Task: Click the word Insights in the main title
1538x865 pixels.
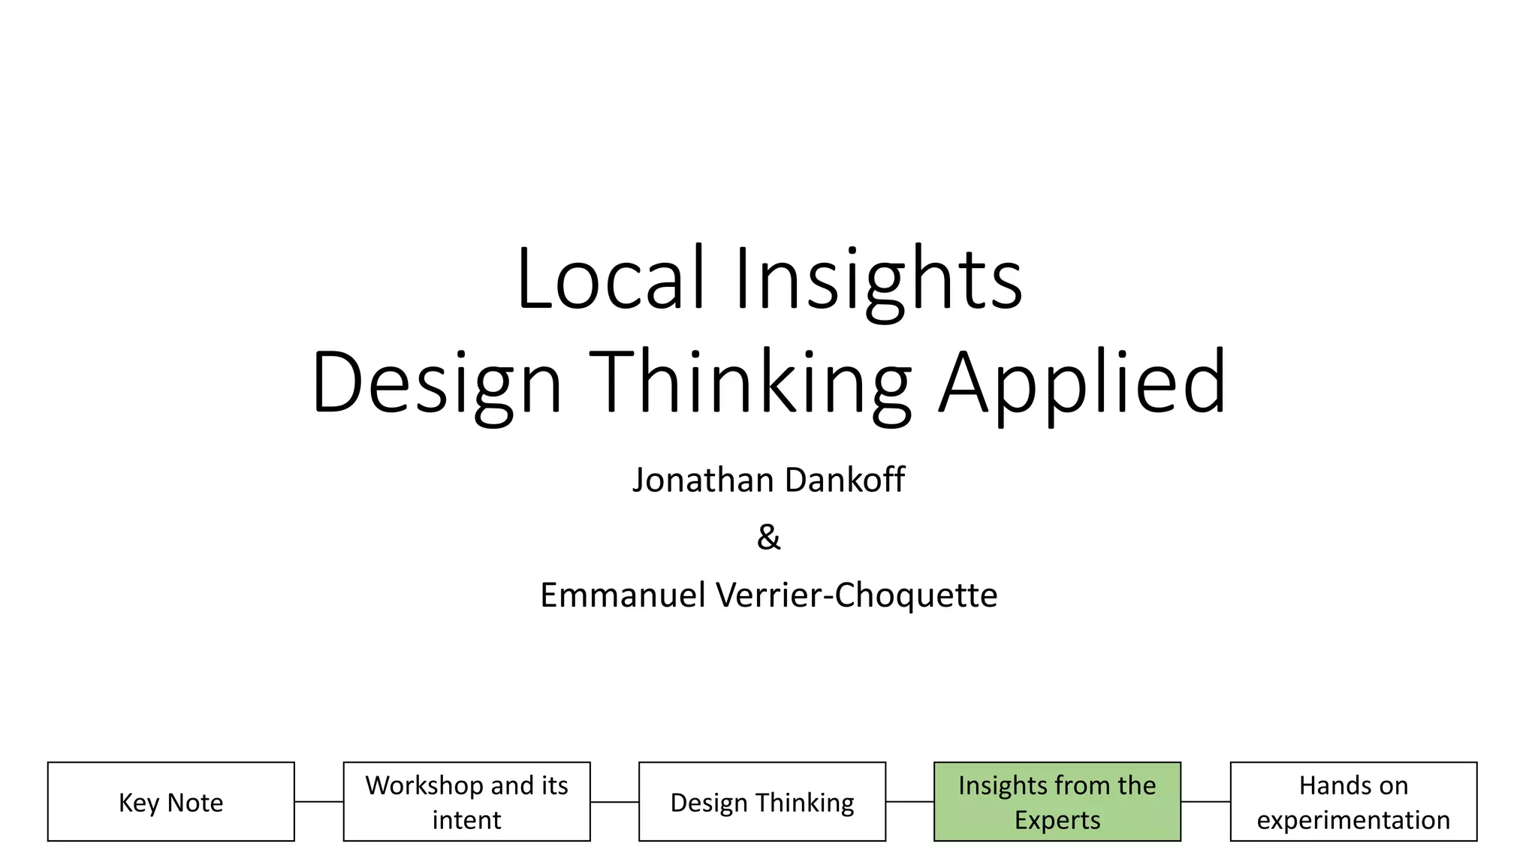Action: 878,279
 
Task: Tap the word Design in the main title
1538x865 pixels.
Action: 437,383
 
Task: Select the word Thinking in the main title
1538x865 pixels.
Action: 750,383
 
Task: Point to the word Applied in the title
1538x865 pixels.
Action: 1083,383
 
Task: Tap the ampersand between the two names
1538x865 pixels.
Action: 768,538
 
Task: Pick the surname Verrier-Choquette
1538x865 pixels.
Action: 857,595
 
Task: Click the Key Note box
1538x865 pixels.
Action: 171,802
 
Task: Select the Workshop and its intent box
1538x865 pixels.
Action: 466,802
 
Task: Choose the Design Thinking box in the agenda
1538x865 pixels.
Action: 762,802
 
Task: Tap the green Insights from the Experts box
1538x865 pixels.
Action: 1057,802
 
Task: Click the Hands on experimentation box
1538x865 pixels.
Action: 1353,802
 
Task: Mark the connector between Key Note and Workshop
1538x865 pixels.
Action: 319,802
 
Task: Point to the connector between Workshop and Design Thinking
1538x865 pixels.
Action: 614,802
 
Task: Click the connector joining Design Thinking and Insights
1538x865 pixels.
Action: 910,802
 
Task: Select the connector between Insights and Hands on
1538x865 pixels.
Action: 1205,802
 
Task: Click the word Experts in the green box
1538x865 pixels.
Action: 1057,820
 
